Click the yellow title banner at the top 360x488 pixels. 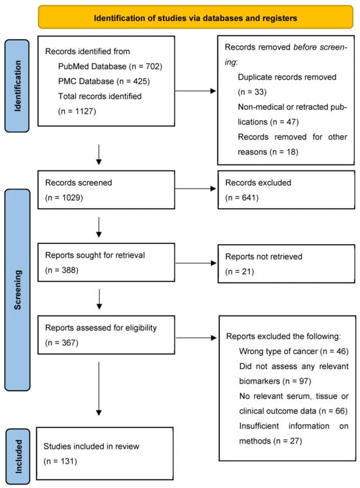(196, 17)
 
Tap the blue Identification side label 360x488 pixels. (17, 86)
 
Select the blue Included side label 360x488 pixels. (18, 456)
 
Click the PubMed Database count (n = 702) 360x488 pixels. (145, 66)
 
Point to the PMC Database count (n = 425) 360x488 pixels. (134, 81)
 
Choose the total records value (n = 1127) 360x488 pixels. (77, 111)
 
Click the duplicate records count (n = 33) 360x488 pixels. (252, 92)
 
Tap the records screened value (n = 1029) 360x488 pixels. (64, 198)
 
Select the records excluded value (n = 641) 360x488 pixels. (242, 198)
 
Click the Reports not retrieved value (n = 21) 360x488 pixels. (240, 271)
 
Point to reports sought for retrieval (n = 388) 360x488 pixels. (62, 270)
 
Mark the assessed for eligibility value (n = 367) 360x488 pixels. (62, 343)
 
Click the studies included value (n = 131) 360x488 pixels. (60, 461)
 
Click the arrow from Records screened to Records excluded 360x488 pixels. (196, 188)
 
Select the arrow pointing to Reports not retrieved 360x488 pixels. (196, 263)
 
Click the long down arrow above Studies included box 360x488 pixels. (99, 389)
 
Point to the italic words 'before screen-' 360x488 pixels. (321, 47)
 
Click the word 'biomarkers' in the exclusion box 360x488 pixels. (259, 381)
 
